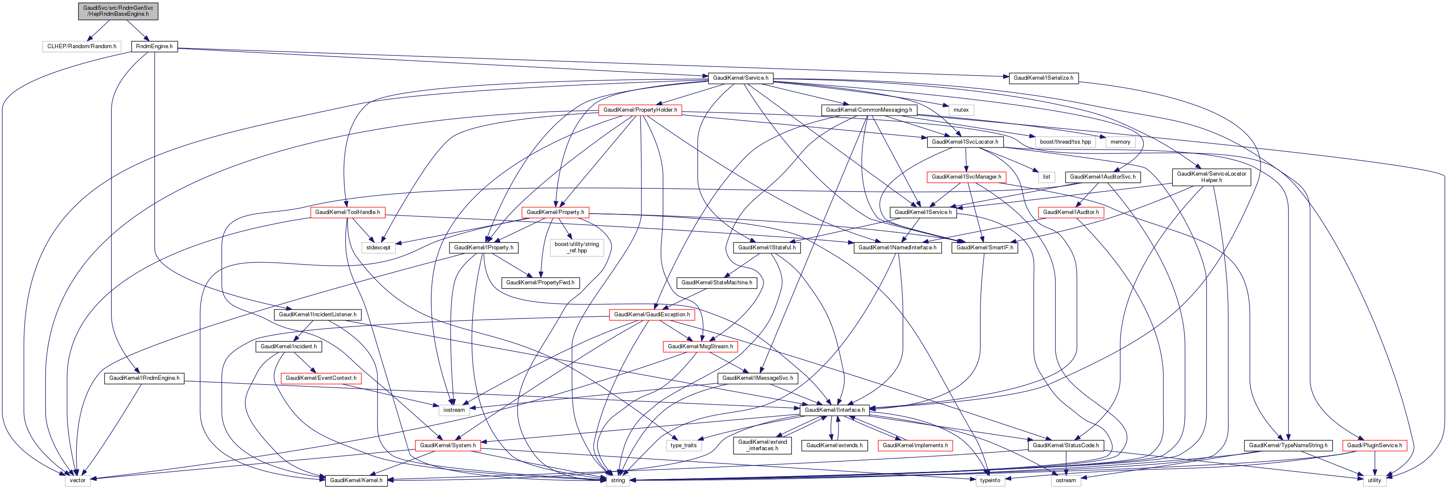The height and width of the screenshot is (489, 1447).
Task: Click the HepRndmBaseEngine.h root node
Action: pyautogui.click(x=118, y=11)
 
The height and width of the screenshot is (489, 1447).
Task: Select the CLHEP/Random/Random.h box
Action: pyautogui.click(x=81, y=46)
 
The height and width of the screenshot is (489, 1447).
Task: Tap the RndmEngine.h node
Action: pyautogui.click(x=154, y=46)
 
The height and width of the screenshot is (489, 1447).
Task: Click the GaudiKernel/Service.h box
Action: pyautogui.click(x=740, y=78)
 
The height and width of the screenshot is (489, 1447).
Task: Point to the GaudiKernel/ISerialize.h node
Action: pyautogui.click(x=1043, y=78)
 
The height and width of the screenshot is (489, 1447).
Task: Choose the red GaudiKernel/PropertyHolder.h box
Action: pyautogui.click(x=640, y=110)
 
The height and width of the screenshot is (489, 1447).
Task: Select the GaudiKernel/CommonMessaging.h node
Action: pyautogui.click(x=868, y=110)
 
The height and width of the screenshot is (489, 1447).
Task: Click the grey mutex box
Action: pyautogui.click(x=960, y=110)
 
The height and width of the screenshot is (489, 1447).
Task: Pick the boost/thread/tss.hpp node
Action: pyautogui.click(x=1065, y=142)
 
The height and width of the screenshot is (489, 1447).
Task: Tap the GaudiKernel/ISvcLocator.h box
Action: pyautogui.click(x=965, y=142)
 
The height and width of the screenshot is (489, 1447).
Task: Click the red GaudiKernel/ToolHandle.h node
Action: pyautogui.click(x=347, y=212)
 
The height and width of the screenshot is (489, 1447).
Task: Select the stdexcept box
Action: pyautogui.click(x=378, y=248)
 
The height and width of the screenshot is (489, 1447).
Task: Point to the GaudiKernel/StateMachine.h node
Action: pyautogui.click(x=716, y=282)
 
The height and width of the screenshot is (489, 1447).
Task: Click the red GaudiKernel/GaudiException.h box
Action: pyautogui.click(x=652, y=314)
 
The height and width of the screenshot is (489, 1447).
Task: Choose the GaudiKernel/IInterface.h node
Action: pyautogui.click(x=834, y=410)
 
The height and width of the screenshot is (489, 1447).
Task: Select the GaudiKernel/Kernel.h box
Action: pyautogui.click(x=356, y=480)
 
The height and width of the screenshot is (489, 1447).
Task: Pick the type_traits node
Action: pyautogui.click(x=683, y=445)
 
